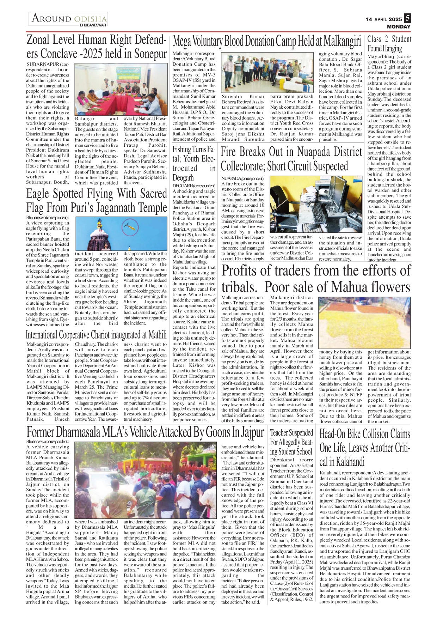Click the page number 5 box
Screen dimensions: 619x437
(x=407, y=18)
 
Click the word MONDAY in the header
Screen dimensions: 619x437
(x=399, y=27)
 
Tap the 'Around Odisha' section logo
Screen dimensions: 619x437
(x=68, y=19)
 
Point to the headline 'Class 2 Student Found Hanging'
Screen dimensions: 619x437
(x=389, y=44)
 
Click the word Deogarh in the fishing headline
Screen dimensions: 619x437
(x=183, y=178)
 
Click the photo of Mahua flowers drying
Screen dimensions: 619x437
(x=364, y=322)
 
